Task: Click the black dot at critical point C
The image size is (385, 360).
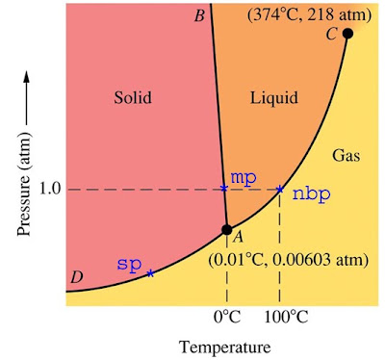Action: pyautogui.click(x=347, y=33)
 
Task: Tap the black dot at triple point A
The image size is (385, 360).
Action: pyautogui.click(x=227, y=229)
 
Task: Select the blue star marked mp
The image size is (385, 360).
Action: pyautogui.click(x=224, y=188)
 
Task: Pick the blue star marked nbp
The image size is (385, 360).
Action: pyautogui.click(x=280, y=189)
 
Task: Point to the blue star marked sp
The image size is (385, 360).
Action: pyautogui.click(x=150, y=273)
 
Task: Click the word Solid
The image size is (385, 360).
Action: pyautogui.click(x=133, y=97)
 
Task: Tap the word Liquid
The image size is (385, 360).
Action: pyautogui.click(x=274, y=97)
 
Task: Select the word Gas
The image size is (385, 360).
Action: pyautogui.click(x=346, y=156)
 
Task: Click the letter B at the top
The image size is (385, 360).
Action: pyautogui.click(x=199, y=15)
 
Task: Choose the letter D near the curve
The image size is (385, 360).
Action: pyautogui.click(x=77, y=277)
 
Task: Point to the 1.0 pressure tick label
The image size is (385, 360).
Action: pyautogui.click(x=50, y=190)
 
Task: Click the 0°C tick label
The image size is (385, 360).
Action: pyautogui.click(x=227, y=318)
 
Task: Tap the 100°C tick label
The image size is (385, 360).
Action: pyautogui.click(x=287, y=318)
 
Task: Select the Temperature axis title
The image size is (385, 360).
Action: pyautogui.click(x=224, y=347)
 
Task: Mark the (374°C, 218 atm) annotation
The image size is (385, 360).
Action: pyautogui.click(x=310, y=15)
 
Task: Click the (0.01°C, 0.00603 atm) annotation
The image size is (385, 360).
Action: pyautogui.click(x=288, y=260)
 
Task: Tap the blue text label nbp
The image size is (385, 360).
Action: pyautogui.click(x=311, y=194)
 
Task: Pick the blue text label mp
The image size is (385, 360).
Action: pyautogui.click(x=244, y=177)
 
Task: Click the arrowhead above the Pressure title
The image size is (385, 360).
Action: pyautogui.click(x=27, y=79)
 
